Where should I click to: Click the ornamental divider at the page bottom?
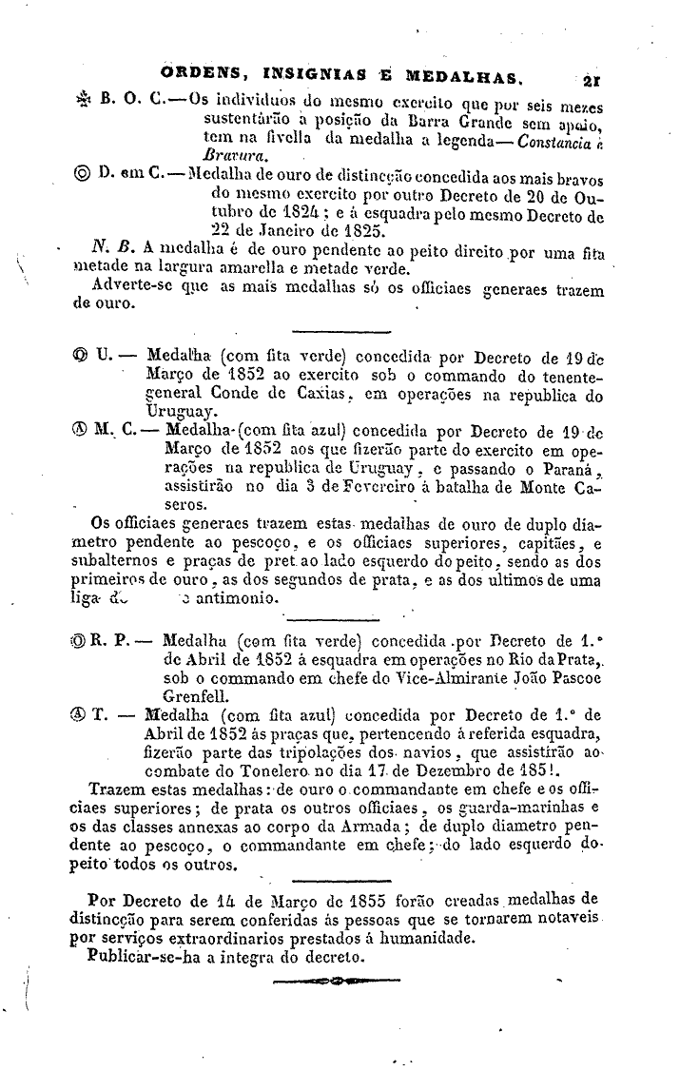click(332, 982)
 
